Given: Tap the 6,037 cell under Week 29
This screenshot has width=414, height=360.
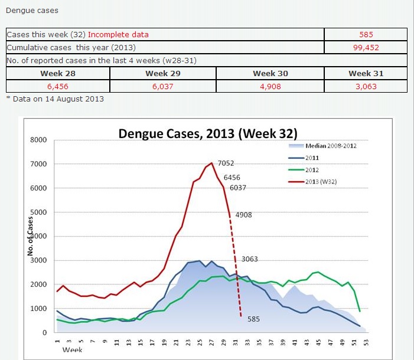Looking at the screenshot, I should [x=163, y=86].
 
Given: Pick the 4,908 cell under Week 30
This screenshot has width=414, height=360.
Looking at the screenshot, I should [x=270, y=86].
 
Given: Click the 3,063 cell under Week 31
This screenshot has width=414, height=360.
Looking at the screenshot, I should [x=366, y=86].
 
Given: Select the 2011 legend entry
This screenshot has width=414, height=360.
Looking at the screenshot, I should [x=312, y=158].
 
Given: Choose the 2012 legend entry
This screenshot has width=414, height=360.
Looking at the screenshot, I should [x=312, y=169].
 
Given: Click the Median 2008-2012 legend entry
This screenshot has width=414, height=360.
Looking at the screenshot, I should [x=331, y=146].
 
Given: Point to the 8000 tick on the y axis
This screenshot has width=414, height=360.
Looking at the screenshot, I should [x=38, y=140].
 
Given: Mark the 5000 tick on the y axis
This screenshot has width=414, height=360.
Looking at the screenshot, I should [x=38, y=212].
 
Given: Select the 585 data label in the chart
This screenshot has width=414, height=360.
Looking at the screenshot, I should [x=254, y=319].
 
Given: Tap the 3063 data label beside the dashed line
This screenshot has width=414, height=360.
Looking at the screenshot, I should [x=249, y=259].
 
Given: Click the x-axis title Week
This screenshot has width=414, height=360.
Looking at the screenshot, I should [x=72, y=350].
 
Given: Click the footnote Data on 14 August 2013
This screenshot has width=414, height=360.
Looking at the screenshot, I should [x=57, y=99].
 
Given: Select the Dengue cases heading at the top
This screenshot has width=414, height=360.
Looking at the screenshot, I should [x=32, y=11].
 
